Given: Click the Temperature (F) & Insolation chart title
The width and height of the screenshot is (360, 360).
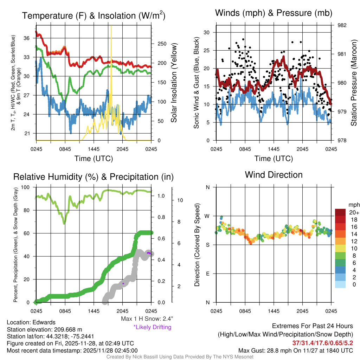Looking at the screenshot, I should [x=94, y=16].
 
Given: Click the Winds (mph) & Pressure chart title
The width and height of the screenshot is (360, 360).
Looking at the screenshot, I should [x=274, y=13].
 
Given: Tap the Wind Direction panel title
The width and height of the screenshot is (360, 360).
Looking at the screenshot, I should [x=274, y=175].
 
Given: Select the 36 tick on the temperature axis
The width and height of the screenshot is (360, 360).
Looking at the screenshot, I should [x=30, y=38].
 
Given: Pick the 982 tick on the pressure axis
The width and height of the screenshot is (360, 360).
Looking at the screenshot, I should [x=343, y=25].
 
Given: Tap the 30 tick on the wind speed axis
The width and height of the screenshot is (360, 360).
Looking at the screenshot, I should [x=207, y=32].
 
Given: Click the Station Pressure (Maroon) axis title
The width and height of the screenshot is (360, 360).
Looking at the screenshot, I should [x=354, y=83].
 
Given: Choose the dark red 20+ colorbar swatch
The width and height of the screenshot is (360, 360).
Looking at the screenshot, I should [x=341, y=213].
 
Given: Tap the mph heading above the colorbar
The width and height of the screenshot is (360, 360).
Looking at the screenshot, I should [x=353, y=205].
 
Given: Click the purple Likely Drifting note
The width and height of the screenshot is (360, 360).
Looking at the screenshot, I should [x=152, y=327].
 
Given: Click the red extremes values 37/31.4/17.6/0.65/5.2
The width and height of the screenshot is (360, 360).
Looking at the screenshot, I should [x=322, y=343].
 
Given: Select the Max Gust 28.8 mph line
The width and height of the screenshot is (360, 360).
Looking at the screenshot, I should [x=295, y=350].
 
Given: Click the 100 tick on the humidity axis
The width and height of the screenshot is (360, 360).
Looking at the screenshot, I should [x=28, y=187].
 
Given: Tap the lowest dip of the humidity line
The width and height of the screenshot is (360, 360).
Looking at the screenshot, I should [x=64, y=223].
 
